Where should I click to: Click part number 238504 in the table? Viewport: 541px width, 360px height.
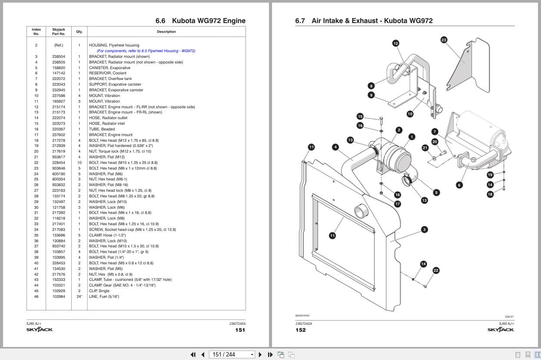(x=59, y=57)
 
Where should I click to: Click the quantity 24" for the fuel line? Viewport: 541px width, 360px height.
(x=79, y=297)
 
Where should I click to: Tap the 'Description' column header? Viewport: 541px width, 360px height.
(x=166, y=32)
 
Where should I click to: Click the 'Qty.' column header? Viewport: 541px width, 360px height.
(x=79, y=32)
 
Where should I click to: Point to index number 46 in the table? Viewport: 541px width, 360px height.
(x=37, y=297)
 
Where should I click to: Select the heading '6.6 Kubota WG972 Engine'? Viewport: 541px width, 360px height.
(x=200, y=21)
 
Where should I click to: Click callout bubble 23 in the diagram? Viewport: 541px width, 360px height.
(x=444, y=40)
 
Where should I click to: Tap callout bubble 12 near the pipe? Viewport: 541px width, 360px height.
(x=395, y=43)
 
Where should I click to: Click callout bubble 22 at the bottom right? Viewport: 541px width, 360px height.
(x=436, y=270)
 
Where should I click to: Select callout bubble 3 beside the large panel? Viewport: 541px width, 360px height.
(x=424, y=230)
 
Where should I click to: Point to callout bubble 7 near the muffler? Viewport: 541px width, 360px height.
(x=435, y=132)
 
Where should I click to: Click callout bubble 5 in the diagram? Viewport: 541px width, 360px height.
(x=436, y=192)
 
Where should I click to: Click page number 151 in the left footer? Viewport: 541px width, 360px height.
(x=240, y=330)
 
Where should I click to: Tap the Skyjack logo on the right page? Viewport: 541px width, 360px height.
(x=500, y=330)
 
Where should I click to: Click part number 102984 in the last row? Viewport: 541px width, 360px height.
(x=59, y=297)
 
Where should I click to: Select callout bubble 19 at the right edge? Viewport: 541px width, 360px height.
(x=490, y=175)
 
